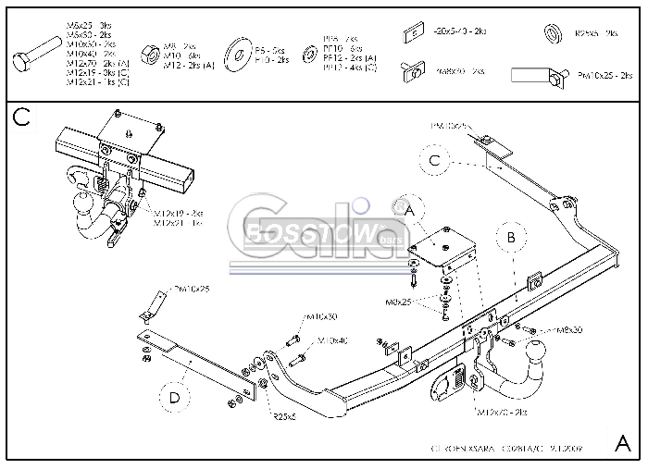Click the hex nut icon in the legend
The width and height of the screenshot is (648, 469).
(x=148, y=53)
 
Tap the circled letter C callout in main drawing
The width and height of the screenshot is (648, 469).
(x=434, y=161)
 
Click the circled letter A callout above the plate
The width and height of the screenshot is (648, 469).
(x=407, y=211)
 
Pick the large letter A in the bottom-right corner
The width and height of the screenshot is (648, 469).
(x=623, y=441)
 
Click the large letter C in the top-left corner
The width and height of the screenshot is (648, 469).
(x=21, y=117)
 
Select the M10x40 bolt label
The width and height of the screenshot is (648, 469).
(x=333, y=341)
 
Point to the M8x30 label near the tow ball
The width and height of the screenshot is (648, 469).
(x=568, y=330)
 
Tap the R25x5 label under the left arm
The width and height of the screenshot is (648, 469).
(x=284, y=417)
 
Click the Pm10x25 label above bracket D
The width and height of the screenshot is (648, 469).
(x=192, y=290)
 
